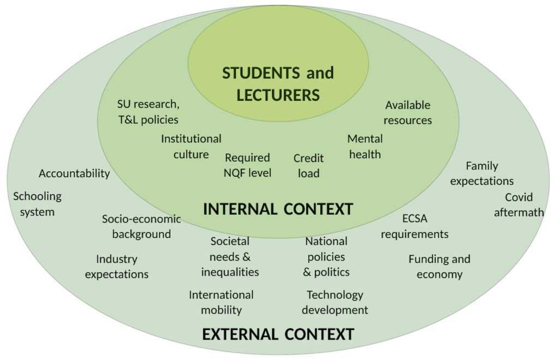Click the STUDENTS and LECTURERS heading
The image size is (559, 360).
[278, 83]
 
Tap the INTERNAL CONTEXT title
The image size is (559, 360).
[278, 209]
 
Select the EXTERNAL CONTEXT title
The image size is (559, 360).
[278, 334]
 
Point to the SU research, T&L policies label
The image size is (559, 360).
[148, 111]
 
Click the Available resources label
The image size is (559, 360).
[408, 112]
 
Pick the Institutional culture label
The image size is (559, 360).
[191, 146]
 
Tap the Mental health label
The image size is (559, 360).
[365, 146]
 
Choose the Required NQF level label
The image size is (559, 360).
[248, 165]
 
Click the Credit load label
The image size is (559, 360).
[308, 166]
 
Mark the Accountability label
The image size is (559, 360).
[74, 173]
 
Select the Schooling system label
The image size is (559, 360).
[37, 203]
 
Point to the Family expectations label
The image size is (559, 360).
[481, 173]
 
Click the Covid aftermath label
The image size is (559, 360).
[519, 205]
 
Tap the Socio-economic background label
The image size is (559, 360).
[141, 226]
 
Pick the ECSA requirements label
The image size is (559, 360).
[415, 226]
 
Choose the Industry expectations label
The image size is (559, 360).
[117, 266]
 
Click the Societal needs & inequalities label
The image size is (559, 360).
[230, 256]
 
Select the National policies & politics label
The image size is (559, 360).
[326, 256]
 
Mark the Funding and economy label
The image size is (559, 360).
[439, 266]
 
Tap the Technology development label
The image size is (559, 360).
[335, 302]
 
